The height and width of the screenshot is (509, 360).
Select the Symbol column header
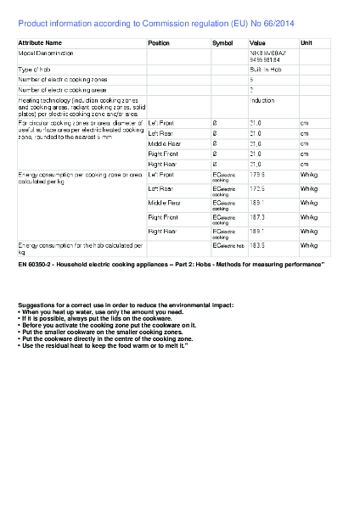222,42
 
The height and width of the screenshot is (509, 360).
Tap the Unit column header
307,42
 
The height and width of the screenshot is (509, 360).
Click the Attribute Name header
40,42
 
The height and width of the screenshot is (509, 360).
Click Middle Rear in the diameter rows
164,143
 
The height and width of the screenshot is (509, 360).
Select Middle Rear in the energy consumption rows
164,203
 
